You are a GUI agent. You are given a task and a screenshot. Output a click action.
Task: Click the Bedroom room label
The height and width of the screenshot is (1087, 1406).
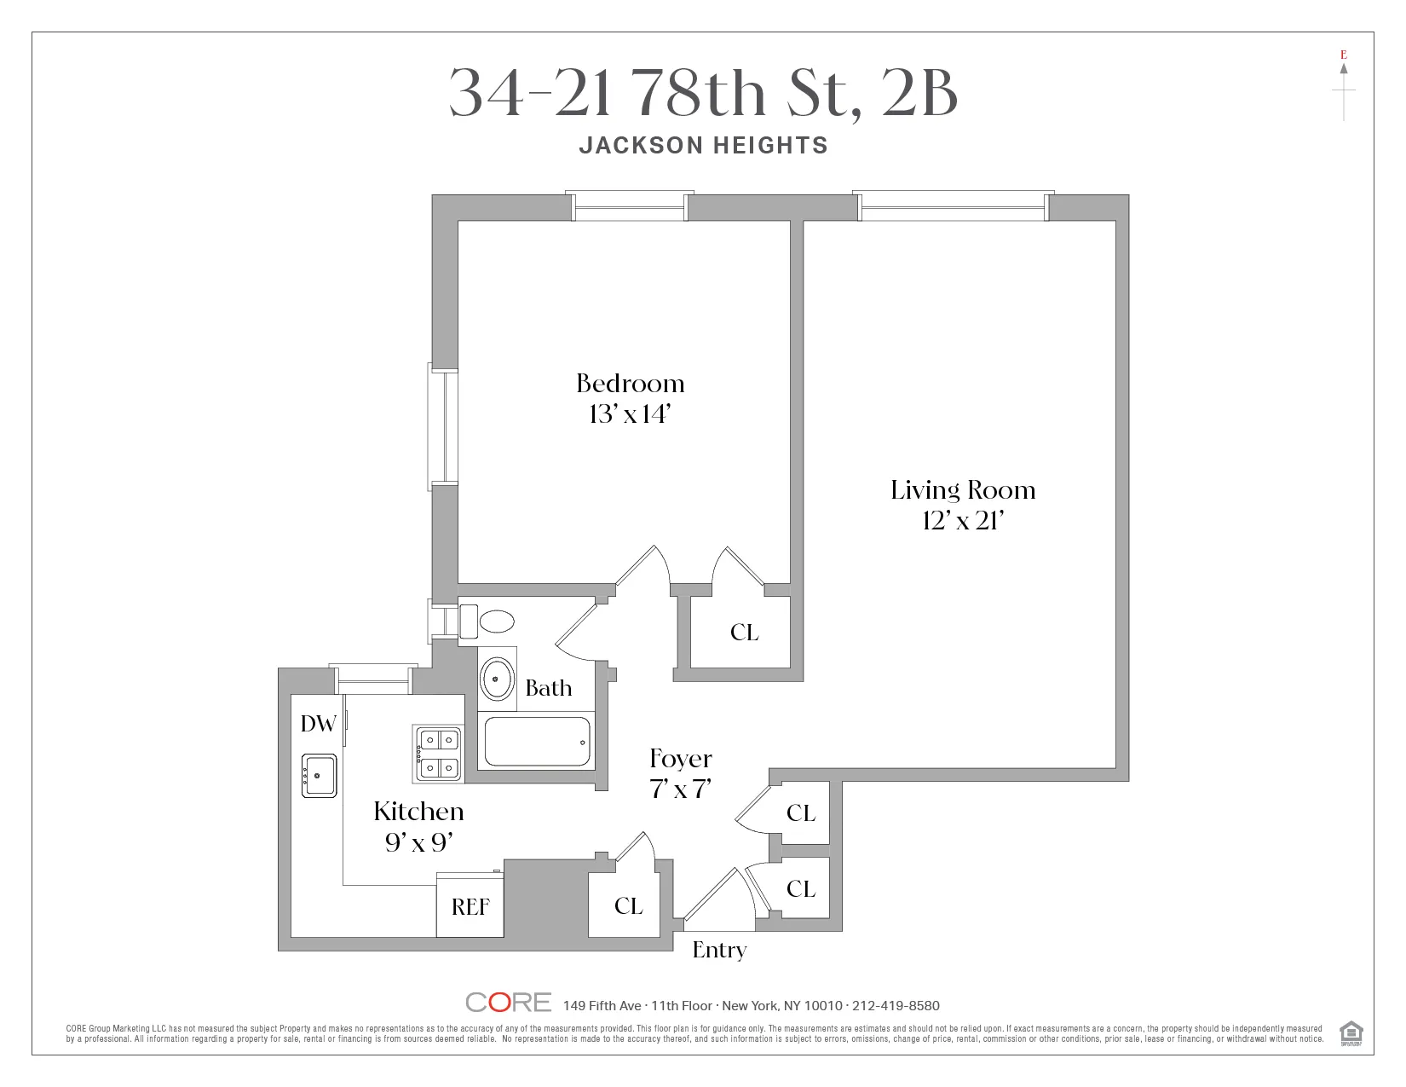(630, 384)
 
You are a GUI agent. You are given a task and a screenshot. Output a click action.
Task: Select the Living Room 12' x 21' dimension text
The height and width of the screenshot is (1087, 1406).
(963, 521)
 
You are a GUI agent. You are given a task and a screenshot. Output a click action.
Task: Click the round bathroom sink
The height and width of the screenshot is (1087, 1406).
(497, 679)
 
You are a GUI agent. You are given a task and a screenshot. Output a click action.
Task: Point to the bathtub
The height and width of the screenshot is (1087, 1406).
(536, 742)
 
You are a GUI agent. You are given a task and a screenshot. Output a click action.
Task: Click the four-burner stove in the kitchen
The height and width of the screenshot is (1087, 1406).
(439, 754)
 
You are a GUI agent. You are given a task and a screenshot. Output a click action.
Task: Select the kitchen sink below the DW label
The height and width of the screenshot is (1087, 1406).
(320, 776)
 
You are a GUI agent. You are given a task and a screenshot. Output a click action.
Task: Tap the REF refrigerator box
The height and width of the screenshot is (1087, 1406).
(470, 906)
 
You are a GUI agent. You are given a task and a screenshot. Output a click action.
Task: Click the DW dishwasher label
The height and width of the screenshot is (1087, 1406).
(319, 724)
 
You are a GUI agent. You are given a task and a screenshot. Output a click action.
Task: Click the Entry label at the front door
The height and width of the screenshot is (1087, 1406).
(719, 950)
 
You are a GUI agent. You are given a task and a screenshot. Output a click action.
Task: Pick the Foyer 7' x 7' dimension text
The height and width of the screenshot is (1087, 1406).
(680, 789)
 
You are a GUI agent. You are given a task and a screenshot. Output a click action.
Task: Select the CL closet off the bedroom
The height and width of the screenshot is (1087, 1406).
(744, 633)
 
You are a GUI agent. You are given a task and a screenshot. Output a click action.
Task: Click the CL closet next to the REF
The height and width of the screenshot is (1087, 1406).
(628, 906)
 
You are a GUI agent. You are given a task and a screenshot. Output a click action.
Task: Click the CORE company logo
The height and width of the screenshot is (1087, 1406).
(509, 1003)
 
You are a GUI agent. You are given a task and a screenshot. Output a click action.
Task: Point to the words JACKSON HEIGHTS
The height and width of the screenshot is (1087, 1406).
(703, 146)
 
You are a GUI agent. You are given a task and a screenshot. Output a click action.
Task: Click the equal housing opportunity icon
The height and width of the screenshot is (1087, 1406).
(1351, 1032)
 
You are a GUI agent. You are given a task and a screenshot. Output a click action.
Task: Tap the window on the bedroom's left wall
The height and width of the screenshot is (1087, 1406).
(443, 426)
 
